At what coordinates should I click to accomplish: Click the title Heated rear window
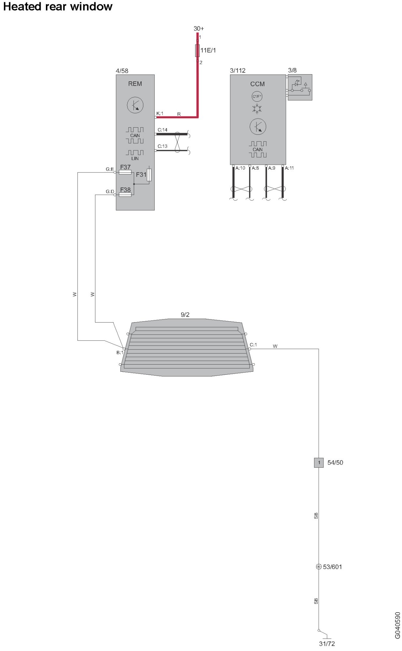tap(58, 7)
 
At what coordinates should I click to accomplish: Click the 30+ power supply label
tap(199, 29)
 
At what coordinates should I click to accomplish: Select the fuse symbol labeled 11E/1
tap(197, 50)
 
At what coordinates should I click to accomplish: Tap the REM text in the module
tap(135, 84)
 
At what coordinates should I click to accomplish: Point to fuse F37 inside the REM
tap(125, 172)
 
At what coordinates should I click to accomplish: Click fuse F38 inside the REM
tap(125, 195)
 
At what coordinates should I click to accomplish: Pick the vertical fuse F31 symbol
tap(149, 175)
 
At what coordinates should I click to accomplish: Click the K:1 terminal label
tap(160, 113)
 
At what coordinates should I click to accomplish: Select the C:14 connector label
tap(162, 130)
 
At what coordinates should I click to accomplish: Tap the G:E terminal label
tap(110, 169)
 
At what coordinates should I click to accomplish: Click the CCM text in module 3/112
tap(257, 84)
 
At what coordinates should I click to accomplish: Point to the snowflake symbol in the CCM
tap(257, 109)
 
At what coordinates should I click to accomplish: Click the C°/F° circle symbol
tap(257, 96)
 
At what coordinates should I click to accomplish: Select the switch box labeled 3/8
tap(300, 87)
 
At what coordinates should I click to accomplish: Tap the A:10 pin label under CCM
tap(240, 168)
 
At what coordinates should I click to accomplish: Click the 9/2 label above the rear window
tap(185, 315)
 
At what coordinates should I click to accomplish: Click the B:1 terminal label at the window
tap(120, 353)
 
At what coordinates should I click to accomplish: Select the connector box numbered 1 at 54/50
tap(319, 463)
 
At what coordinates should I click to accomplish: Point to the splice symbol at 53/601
tap(319, 567)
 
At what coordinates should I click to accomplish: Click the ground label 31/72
tap(327, 644)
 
